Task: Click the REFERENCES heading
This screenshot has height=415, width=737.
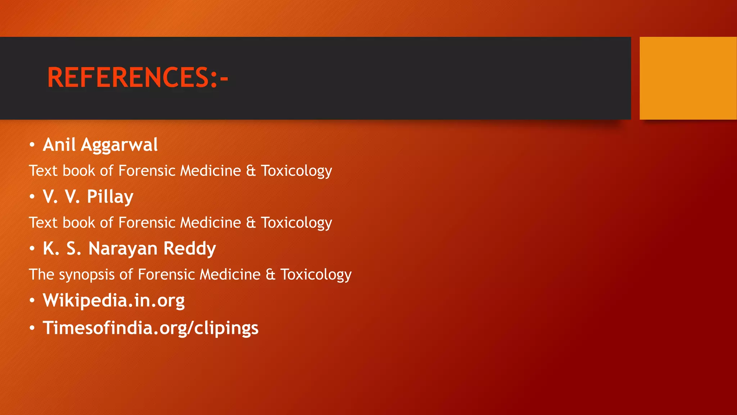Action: [137, 77]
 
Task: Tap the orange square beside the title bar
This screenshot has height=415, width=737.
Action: [688, 78]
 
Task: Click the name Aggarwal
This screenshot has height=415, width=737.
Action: [119, 145]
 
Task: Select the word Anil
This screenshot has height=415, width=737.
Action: [59, 145]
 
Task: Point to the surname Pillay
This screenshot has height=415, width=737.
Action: [110, 197]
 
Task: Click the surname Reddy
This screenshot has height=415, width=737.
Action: [190, 249]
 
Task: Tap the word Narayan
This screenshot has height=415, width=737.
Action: [123, 249]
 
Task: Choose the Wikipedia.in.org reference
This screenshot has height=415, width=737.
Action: [114, 300]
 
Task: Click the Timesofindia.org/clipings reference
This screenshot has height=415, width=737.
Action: [150, 328]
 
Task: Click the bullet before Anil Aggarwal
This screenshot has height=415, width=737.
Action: [32, 145]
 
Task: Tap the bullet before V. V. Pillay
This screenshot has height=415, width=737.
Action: [32, 197]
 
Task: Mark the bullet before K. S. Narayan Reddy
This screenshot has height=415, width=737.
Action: [32, 249]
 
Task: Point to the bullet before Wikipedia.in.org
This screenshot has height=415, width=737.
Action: [32, 300]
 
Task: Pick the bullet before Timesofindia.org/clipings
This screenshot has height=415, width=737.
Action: [32, 328]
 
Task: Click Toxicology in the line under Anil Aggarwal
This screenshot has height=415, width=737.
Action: [296, 171]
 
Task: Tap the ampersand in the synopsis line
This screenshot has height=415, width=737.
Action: [270, 275]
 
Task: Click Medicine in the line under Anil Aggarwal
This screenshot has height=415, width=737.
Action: [211, 171]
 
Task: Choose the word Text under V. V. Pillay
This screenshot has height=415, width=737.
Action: [43, 223]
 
